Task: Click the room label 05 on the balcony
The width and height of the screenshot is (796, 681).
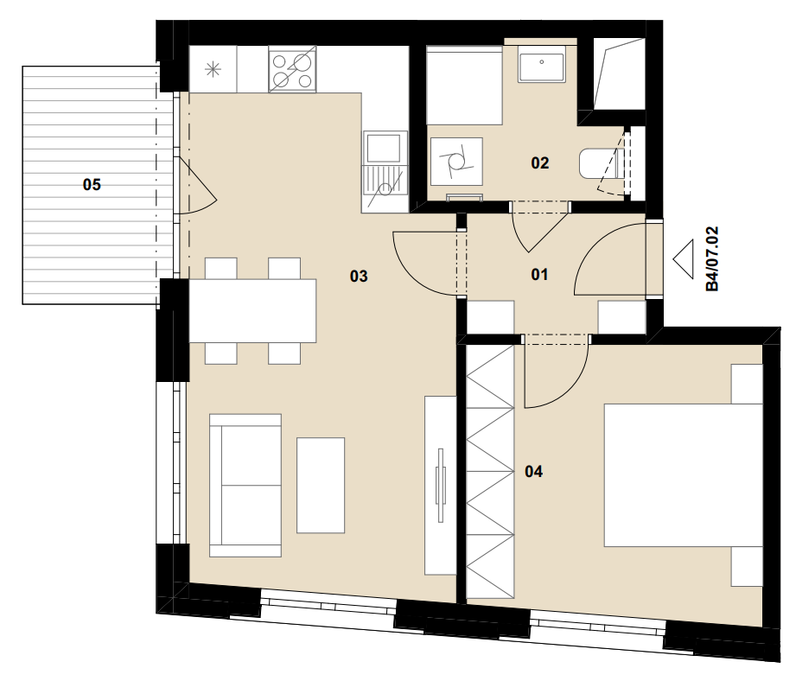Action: click(x=92, y=185)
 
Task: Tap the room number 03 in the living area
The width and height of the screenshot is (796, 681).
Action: click(x=359, y=277)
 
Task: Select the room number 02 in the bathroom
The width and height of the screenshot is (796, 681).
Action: click(x=539, y=162)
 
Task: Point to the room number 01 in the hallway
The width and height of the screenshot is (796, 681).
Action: click(x=539, y=275)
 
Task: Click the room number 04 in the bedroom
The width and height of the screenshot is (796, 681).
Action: click(x=533, y=472)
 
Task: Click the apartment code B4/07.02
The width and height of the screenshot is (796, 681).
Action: click(x=713, y=258)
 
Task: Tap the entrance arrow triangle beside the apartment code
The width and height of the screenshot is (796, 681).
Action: click(x=684, y=258)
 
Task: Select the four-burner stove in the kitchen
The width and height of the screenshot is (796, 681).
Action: click(x=292, y=69)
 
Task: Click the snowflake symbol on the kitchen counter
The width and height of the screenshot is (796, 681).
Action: click(x=213, y=69)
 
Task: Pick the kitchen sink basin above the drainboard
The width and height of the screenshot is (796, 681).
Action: click(x=385, y=146)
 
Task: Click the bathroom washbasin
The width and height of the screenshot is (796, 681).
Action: click(x=542, y=64)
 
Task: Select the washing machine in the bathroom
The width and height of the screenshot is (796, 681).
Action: click(x=455, y=162)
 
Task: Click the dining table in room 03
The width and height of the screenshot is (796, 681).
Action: click(x=253, y=310)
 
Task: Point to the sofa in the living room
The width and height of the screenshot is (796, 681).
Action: click(x=245, y=485)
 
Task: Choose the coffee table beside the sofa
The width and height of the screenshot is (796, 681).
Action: click(x=321, y=485)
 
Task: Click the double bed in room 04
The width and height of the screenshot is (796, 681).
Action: click(x=684, y=475)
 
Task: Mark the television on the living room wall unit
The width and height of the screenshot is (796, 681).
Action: click(x=440, y=485)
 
